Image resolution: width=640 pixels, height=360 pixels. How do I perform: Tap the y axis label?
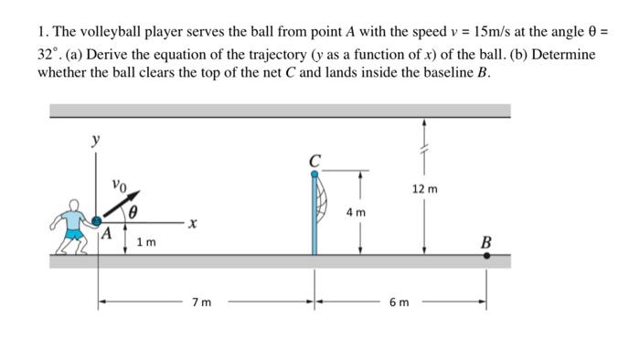[x=93, y=140]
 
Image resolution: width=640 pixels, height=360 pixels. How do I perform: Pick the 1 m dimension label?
[x=145, y=242]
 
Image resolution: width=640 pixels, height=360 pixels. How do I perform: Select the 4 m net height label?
[x=356, y=212]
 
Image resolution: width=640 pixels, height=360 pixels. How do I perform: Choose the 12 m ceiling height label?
[x=424, y=189]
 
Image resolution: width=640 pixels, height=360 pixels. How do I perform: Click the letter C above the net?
[x=315, y=162]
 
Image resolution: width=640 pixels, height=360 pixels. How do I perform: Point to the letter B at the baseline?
[x=485, y=242]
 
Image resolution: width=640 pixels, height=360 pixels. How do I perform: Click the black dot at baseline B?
[x=485, y=257]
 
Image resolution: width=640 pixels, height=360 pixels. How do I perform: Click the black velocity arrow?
[x=127, y=203]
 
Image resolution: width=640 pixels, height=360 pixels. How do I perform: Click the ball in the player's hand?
[x=97, y=220]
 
